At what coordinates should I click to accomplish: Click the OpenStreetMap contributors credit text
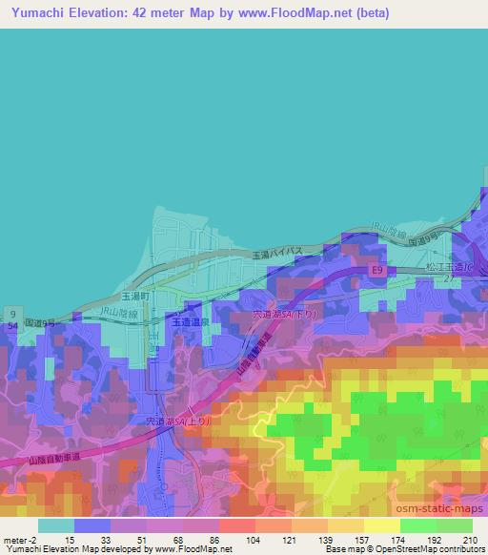tap(439, 550)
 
